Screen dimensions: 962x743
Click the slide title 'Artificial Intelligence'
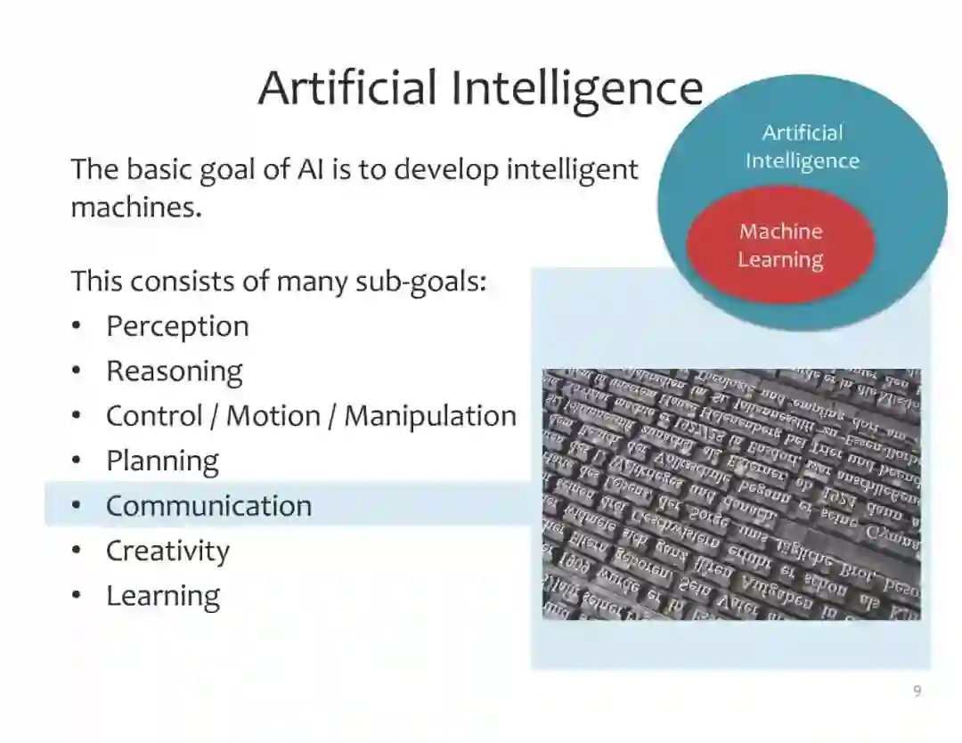coord(480,88)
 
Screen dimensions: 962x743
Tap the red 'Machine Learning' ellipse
coord(780,245)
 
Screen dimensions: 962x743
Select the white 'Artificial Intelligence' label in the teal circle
coord(802,147)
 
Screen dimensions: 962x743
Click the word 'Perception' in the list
coord(177,326)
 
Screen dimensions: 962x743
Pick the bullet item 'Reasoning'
coord(174,371)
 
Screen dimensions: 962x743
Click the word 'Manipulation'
coord(430,416)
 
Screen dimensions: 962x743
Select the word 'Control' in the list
coord(152,416)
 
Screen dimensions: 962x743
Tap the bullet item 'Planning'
coord(162,461)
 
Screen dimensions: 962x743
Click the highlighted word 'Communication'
coord(208,506)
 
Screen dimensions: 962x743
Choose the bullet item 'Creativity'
coord(167,551)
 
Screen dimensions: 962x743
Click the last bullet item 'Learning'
coord(163,596)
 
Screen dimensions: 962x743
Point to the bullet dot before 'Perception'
coord(77,326)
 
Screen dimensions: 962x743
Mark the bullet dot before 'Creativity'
coord(77,551)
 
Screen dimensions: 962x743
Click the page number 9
coord(917,691)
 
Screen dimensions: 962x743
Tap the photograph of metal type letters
coord(731,494)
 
